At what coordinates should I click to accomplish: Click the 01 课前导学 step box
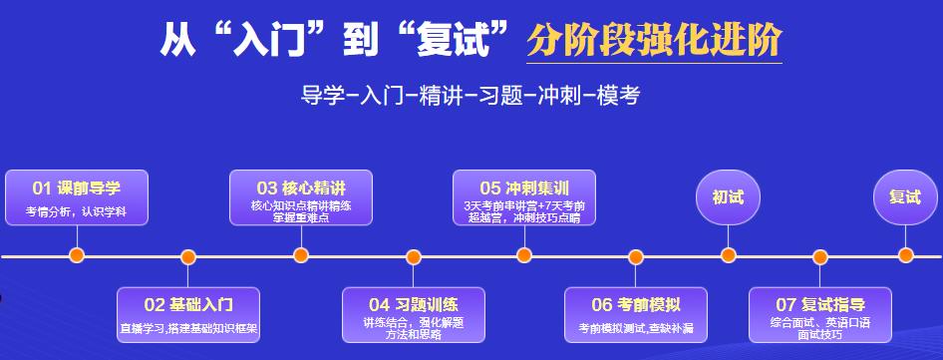coord(77,197)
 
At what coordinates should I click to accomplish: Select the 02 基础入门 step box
coord(188,314)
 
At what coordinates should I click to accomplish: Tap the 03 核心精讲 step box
coord(301,197)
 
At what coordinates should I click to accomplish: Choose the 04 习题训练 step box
coord(413,314)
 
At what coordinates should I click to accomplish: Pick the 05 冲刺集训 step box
coord(524,197)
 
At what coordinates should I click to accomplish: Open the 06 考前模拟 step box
coord(636,314)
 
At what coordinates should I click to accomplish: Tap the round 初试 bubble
coord(728,196)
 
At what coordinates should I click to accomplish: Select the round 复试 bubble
coord(905,196)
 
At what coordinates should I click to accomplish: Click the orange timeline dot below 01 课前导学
coord(77,255)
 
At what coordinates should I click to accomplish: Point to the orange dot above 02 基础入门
coord(188,256)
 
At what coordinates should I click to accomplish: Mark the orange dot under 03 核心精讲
coord(301,255)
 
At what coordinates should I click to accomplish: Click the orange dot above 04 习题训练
coord(413,256)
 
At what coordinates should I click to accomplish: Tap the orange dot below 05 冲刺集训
coord(524,255)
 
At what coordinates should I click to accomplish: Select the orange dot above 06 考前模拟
coord(636,256)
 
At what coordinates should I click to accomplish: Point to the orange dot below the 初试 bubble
coord(728,255)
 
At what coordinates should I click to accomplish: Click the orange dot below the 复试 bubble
coord(905,255)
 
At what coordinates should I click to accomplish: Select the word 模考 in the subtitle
coord(617,96)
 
